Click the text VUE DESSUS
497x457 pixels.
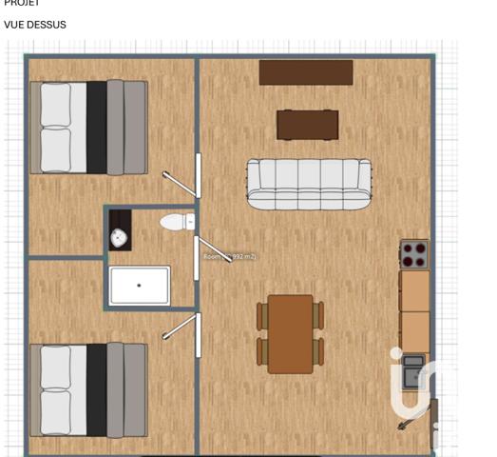pyautogui.click(x=35, y=25)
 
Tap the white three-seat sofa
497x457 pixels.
pyautogui.click(x=309, y=183)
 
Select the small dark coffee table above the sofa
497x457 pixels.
pyautogui.click(x=307, y=125)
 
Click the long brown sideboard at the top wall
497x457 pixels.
pyautogui.click(x=306, y=72)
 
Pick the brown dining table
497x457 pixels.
pyautogui.click(x=290, y=333)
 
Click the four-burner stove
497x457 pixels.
pyautogui.click(x=414, y=254)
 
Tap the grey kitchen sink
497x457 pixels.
pyautogui.click(x=413, y=371)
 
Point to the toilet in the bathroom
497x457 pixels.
pyautogui.click(x=176, y=222)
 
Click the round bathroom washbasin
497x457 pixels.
pyautogui.click(x=120, y=238)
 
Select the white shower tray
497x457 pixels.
pyautogui.click(x=139, y=285)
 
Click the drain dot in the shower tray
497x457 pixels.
pyautogui.click(x=139, y=285)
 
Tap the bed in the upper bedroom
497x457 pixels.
pyautogui.click(x=89, y=128)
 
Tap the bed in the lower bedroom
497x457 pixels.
pyautogui.click(x=89, y=389)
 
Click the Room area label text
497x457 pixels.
pyautogui.click(x=229, y=256)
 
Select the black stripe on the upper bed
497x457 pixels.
pyautogui.click(x=96, y=128)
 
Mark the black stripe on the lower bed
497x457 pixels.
pyautogui.click(x=96, y=389)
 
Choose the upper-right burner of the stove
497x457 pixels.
pyautogui.click(x=420, y=248)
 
